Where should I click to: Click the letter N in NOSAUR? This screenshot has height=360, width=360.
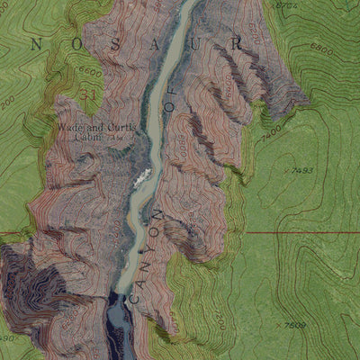point(37,42)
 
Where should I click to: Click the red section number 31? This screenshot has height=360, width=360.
point(87,93)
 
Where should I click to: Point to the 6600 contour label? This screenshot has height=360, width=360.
point(90,71)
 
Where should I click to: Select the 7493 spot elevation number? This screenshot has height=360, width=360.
point(302,170)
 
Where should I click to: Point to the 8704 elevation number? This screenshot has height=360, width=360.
point(287,5)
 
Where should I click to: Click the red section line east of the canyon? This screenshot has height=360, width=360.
point(297,232)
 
